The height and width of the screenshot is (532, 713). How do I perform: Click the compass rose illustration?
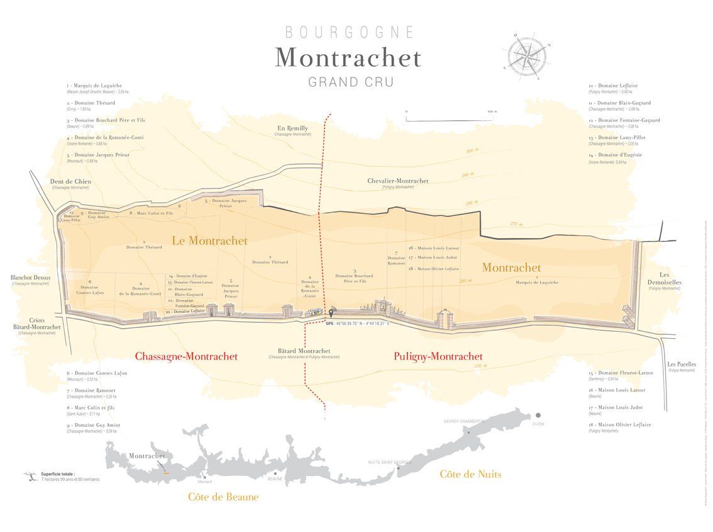pyautogui.click(x=527, y=54)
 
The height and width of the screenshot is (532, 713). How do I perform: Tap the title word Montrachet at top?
pyautogui.click(x=348, y=57)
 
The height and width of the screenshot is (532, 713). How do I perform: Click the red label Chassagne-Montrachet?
pyautogui.click(x=186, y=356)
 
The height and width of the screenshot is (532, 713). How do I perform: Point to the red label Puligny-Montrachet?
pyautogui.click(x=438, y=356)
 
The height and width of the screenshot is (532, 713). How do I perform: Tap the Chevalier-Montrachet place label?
pyautogui.click(x=397, y=181)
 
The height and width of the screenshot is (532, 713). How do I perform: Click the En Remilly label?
pyautogui.click(x=292, y=128)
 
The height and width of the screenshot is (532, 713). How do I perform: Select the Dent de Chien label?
pyautogui.click(x=70, y=182)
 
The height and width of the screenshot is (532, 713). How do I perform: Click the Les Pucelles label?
pyautogui.click(x=682, y=365)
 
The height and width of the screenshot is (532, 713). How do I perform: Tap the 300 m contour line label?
pyautogui.click(x=472, y=151)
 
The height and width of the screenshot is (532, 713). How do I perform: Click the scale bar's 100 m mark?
pyautogui.click(x=492, y=111)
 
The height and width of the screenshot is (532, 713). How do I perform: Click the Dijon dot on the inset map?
pyautogui.click(x=538, y=416)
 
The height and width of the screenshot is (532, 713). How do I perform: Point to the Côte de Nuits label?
pyautogui.click(x=470, y=474)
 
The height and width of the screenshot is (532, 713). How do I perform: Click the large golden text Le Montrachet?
pyautogui.click(x=209, y=241)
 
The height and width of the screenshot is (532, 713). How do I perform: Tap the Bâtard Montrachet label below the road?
pyautogui.click(x=304, y=351)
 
